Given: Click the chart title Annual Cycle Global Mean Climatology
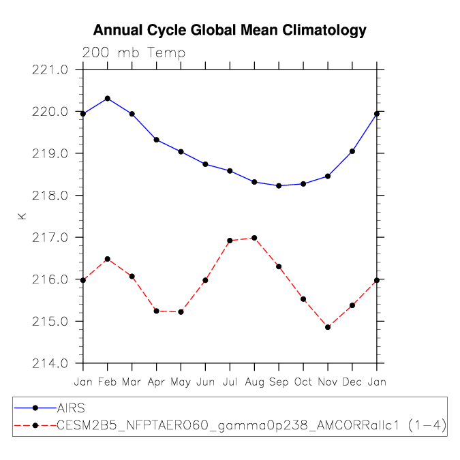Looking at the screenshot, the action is point(230,31).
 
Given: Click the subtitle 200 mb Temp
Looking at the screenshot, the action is point(134,53).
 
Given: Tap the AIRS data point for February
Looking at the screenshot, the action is point(108,99).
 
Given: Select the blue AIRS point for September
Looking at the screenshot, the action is point(279,185).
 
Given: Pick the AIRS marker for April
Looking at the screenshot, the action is point(157,140).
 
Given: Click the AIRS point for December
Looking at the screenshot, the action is point(352,151).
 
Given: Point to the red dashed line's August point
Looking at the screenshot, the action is point(255,238).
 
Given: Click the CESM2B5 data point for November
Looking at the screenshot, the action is point(328,327).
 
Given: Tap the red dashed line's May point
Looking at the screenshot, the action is point(181,312).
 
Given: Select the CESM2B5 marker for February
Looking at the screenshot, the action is point(108,259).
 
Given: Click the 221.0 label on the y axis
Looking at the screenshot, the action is point(50,70).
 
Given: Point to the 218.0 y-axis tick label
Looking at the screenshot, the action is point(50,196).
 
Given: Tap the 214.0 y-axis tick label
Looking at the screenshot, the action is point(50,364).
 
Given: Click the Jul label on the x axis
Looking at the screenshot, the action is point(230,382).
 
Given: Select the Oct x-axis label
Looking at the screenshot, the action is point(303,382).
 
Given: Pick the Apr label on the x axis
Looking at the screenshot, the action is point(156,382).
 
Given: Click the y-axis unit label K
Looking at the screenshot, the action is point(22,217).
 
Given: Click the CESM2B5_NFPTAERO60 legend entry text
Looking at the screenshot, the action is point(251,425).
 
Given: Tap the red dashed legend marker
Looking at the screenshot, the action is point(35,425).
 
